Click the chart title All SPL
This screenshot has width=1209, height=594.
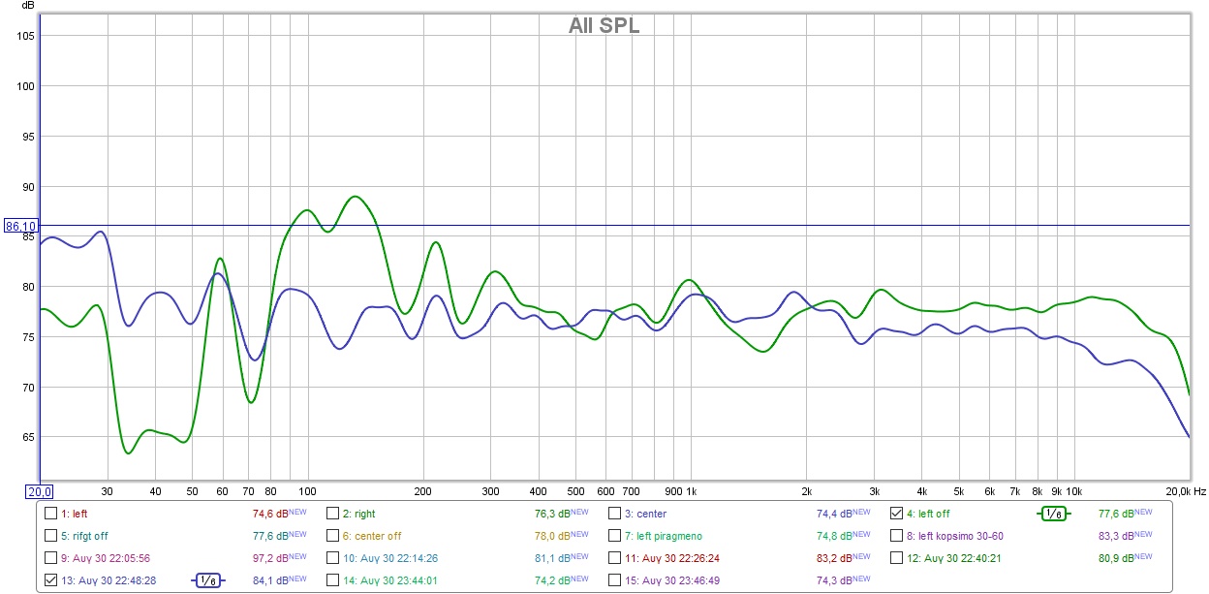click(x=604, y=26)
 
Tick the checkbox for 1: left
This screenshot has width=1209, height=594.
click(x=51, y=514)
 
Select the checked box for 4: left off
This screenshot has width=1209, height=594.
click(x=896, y=514)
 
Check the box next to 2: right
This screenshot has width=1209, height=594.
click(x=332, y=514)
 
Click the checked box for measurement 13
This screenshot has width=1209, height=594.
click(x=51, y=580)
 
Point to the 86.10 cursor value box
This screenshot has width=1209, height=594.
click(x=20, y=226)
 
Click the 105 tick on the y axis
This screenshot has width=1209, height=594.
click(x=26, y=36)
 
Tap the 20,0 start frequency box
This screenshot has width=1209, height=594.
click(x=39, y=491)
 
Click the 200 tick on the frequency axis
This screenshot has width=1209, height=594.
click(x=422, y=491)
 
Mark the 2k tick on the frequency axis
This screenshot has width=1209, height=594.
click(x=806, y=491)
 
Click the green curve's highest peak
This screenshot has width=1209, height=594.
click(x=355, y=197)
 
